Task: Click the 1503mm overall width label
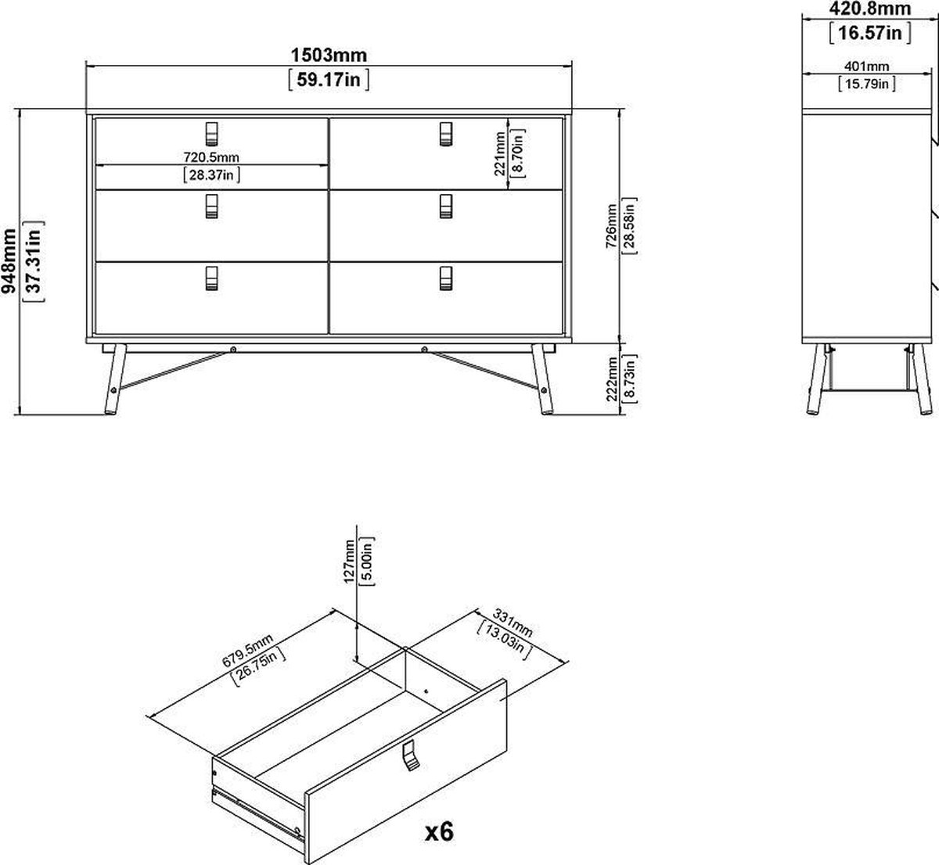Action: coord(329,56)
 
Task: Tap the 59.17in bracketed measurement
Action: coord(329,80)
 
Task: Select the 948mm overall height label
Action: coord(9,260)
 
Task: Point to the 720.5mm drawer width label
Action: coord(211,156)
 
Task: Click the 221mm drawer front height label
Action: coord(500,153)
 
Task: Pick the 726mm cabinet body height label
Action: coord(611,225)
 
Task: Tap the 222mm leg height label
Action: coord(611,379)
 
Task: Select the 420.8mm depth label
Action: coord(870,9)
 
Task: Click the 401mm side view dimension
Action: coord(866,66)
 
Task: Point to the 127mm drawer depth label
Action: coord(349,562)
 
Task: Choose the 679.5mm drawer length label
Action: coord(247,651)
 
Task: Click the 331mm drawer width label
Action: coord(512,623)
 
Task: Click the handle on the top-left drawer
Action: coord(211,134)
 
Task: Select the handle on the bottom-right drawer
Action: coord(446,278)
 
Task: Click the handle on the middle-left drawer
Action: coord(211,206)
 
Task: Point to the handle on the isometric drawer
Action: coord(411,757)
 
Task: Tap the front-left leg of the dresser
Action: coord(115,379)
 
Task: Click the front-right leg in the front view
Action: coord(543,379)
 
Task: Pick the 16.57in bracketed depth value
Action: coord(870,33)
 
